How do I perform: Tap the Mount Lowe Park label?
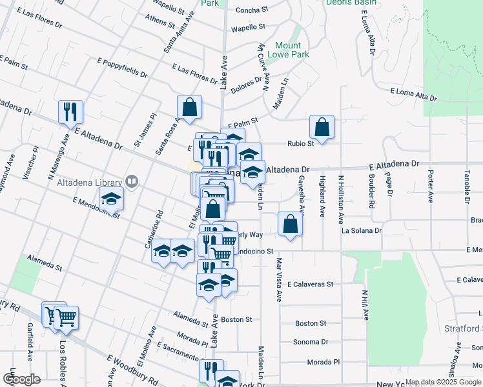288,50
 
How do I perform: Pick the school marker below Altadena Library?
112,199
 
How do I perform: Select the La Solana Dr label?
362,230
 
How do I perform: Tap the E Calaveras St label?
310,284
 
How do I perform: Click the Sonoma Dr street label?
311,342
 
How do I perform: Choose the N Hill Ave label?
365,305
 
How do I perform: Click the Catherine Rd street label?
152,228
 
